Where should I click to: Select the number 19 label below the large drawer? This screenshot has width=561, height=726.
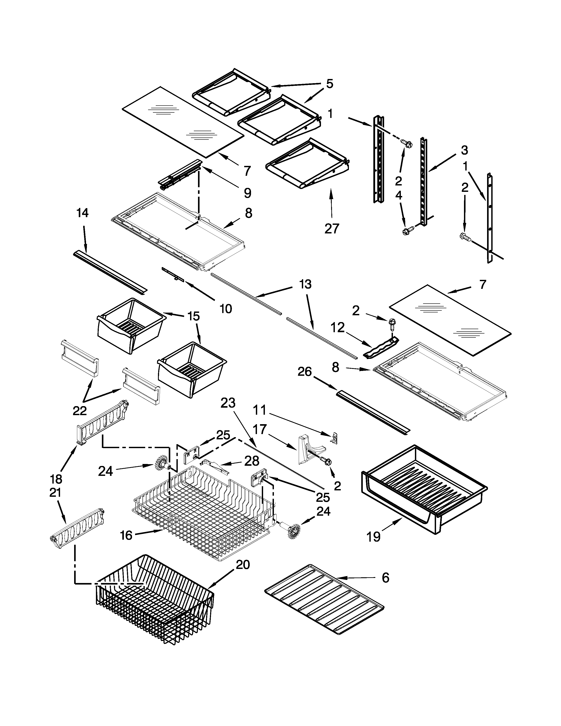click(x=374, y=537)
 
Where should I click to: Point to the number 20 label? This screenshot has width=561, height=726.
click(x=243, y=565)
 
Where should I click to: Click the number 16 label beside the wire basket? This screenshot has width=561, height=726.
click(x=126, y=535)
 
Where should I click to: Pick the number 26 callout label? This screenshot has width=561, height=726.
click(x=304, y=372)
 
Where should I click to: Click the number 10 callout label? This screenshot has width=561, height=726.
click(x=226, y=309)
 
